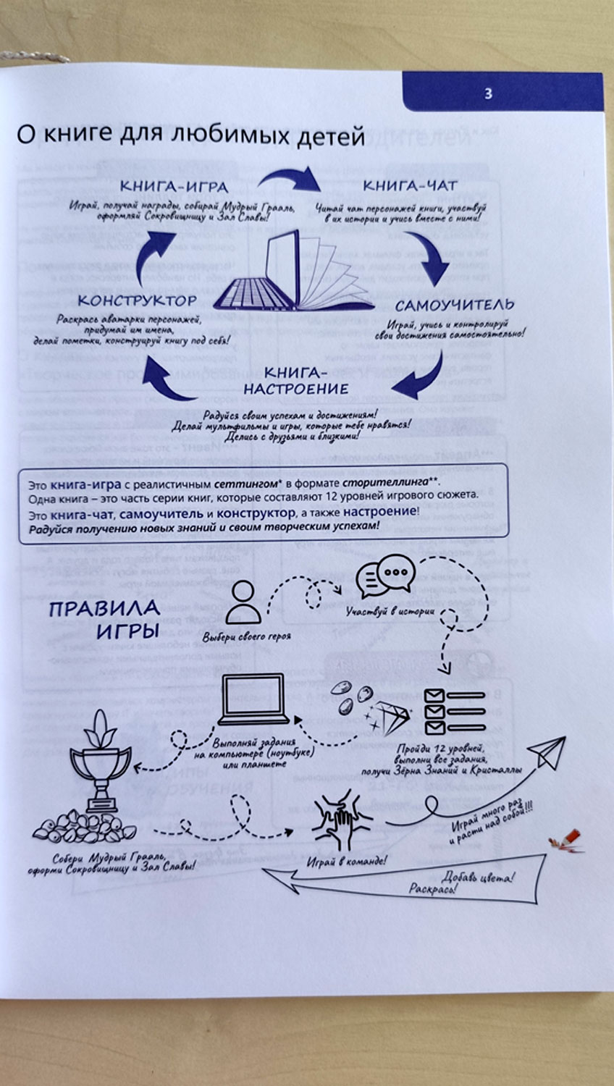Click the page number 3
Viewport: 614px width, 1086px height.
(x=488, y=93)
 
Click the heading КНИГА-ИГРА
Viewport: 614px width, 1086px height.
(x=174, y=188)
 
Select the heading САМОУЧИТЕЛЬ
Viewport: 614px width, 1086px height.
(x=455, y=305)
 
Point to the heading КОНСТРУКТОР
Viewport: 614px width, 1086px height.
(x=138, y=300)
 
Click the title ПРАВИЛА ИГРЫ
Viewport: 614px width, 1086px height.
(x=106, y=618)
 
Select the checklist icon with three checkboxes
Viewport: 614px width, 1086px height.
(x=454, y=711)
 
